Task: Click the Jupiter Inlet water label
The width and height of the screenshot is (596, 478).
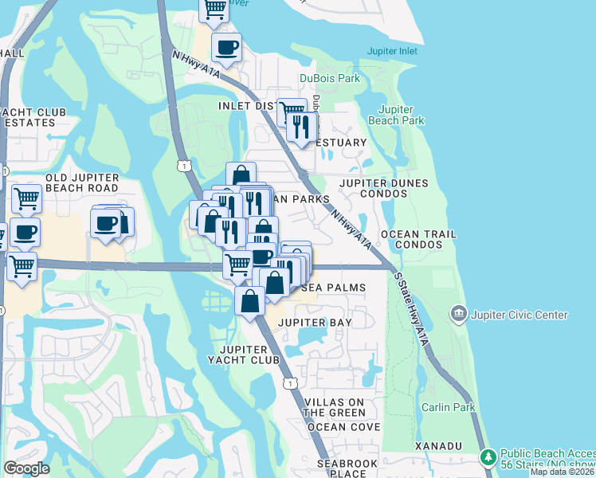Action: (x=392, y=51)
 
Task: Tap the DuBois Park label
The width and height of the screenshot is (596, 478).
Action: (x=330, y=78)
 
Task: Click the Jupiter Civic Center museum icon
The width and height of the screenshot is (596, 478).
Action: (x=459, y=313)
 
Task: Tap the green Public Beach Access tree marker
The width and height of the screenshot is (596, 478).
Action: (x=488, y=456)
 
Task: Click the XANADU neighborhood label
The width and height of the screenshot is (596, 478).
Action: (x=437, y=446)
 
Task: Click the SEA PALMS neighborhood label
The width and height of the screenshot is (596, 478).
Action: (x=335, y=288)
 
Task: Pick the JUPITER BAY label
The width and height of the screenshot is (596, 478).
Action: (x=313, y=322)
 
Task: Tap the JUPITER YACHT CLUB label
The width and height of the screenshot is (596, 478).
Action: (x=249, y=355)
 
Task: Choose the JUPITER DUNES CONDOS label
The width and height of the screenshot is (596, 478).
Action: (x=383, y=188)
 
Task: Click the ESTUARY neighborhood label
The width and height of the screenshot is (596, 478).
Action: (x=342, y=143)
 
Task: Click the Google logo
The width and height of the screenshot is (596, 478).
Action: (x=26, y=468)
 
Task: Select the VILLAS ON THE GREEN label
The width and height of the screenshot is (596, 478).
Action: (x=335, y=407)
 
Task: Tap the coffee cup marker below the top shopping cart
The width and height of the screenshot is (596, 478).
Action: (x=226, y=46)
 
